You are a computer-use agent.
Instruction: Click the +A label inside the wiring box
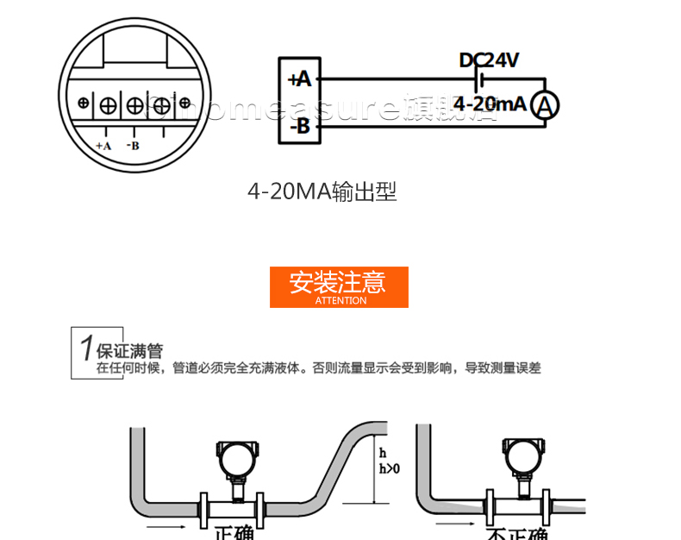click(x=298, y=80)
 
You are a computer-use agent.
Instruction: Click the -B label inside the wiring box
click(x=299, y=127)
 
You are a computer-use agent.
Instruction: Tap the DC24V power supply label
click(x=489, y=60)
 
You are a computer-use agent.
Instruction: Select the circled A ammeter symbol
click(x=545, y=105)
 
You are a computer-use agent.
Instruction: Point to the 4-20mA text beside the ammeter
click(x=489, y=104)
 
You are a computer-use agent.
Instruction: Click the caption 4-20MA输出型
click(x=322, y=192)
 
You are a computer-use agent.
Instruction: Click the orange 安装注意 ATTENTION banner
click(x=339, y=286)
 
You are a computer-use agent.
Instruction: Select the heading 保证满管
click(x=129, y=351)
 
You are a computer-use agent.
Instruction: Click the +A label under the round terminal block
click(x=103, y=146)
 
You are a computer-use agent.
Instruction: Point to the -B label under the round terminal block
click(x=133, y=146)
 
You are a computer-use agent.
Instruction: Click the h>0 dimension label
click(x=390, y=468)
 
